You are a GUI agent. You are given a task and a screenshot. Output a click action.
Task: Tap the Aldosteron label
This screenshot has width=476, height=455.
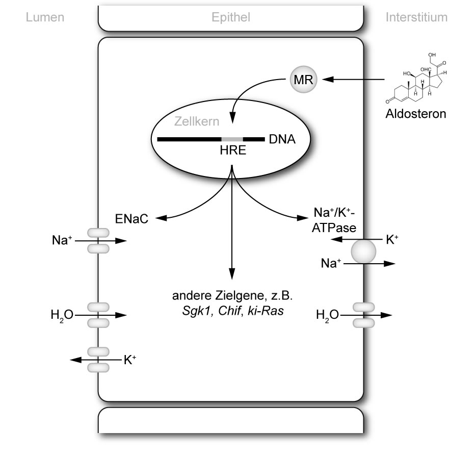(415, 113)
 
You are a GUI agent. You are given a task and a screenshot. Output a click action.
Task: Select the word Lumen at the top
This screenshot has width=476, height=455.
(45, 17)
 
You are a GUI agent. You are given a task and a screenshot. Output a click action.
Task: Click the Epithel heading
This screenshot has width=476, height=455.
(230, 17)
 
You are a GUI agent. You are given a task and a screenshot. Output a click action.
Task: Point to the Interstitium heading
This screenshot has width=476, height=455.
(416, 17)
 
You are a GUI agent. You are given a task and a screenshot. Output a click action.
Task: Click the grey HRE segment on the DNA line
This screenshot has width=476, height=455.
(232, 139)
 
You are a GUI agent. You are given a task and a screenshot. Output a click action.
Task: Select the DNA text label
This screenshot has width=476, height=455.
(282, 139)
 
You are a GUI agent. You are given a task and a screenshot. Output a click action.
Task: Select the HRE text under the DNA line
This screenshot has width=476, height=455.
(232, 151)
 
